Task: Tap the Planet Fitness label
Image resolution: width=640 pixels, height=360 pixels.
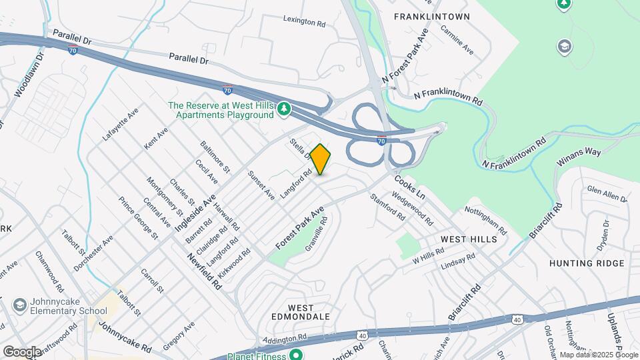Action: [258, 355]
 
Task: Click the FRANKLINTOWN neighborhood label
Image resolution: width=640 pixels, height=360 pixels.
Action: [432, 16]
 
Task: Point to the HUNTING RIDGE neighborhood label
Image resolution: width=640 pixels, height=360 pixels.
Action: [587, 263]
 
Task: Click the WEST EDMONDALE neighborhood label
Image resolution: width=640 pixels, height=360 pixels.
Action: [301, 312]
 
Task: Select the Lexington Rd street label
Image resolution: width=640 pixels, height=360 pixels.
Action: [303, 22]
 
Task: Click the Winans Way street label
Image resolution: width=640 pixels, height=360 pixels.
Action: [580, 153]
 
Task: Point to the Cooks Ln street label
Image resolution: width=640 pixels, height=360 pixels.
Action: [409, 187]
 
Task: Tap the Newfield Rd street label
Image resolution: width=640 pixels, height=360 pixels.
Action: [204, 271]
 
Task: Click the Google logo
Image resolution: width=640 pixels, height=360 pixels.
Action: [22, 351]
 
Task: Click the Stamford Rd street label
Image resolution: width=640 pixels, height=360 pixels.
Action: [387, 207]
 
